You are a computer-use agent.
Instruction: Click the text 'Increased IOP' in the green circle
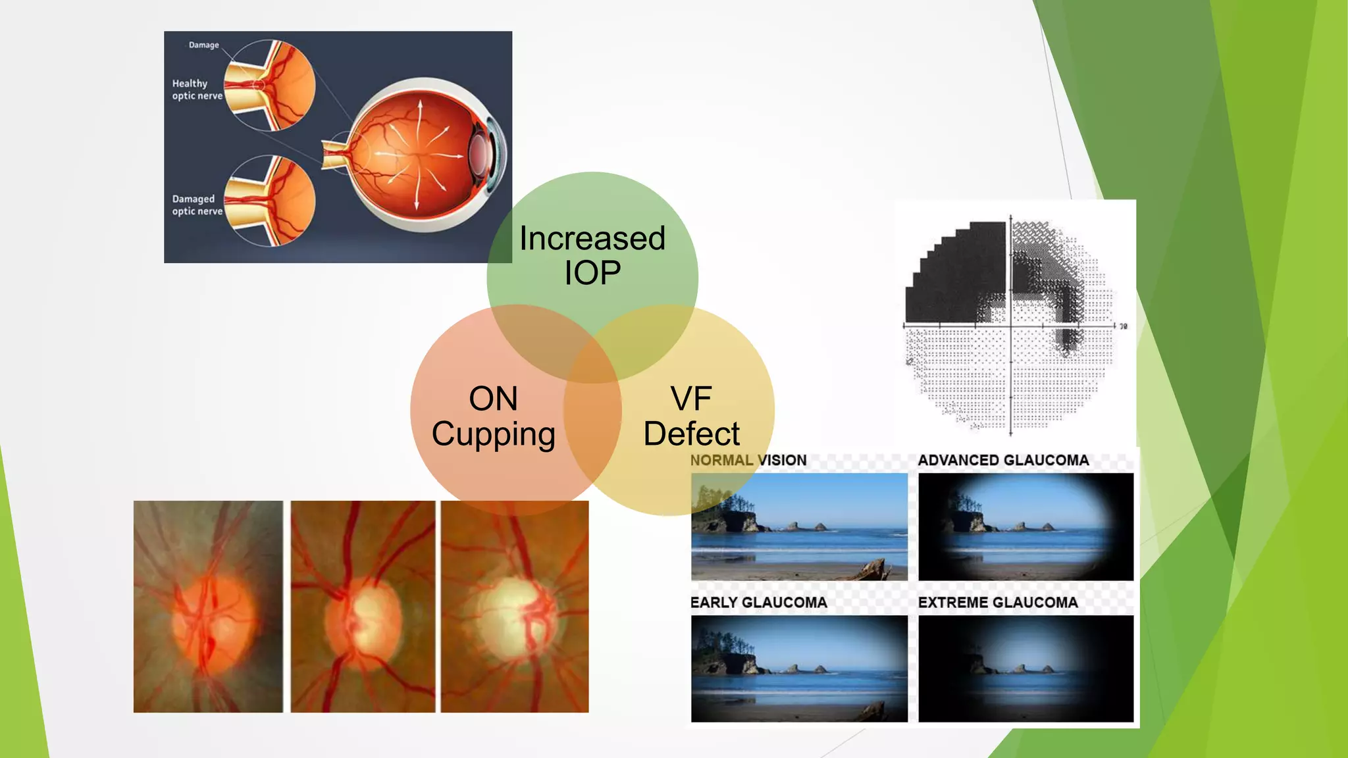coord(592,255)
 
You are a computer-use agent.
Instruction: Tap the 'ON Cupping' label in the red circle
coord(494,416)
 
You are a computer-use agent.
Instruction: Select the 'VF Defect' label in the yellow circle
coord(691,416)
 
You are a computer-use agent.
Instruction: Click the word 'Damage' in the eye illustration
coord(203,45)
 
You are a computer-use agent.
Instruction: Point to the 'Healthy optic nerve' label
coord(197,89)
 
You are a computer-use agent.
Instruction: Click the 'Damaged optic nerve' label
coord(197,205)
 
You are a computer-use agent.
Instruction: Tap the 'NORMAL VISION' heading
coord(748,460)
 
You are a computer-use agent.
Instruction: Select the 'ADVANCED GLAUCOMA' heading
coord(1003,460)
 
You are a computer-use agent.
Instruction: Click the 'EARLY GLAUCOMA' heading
coord(758,602)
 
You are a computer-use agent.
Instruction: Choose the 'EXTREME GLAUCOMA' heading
coord(998,602)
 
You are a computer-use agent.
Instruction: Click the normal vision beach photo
coord(799,526)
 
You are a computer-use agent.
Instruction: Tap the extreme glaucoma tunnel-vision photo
coord(1025,669)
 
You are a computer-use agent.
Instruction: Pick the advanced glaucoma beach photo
coord(1025,526)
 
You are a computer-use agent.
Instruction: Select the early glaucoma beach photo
coord(799,669)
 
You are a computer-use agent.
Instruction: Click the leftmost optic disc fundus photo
coord(208,606)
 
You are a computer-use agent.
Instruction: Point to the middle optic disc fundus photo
coord(363,606)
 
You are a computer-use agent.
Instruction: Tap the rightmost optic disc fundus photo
coord(515,606)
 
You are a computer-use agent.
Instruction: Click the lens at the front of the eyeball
coord(481,154)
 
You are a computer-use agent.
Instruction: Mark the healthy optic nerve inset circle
coord(270,85)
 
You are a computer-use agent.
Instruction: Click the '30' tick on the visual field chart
coord(1123,326)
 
